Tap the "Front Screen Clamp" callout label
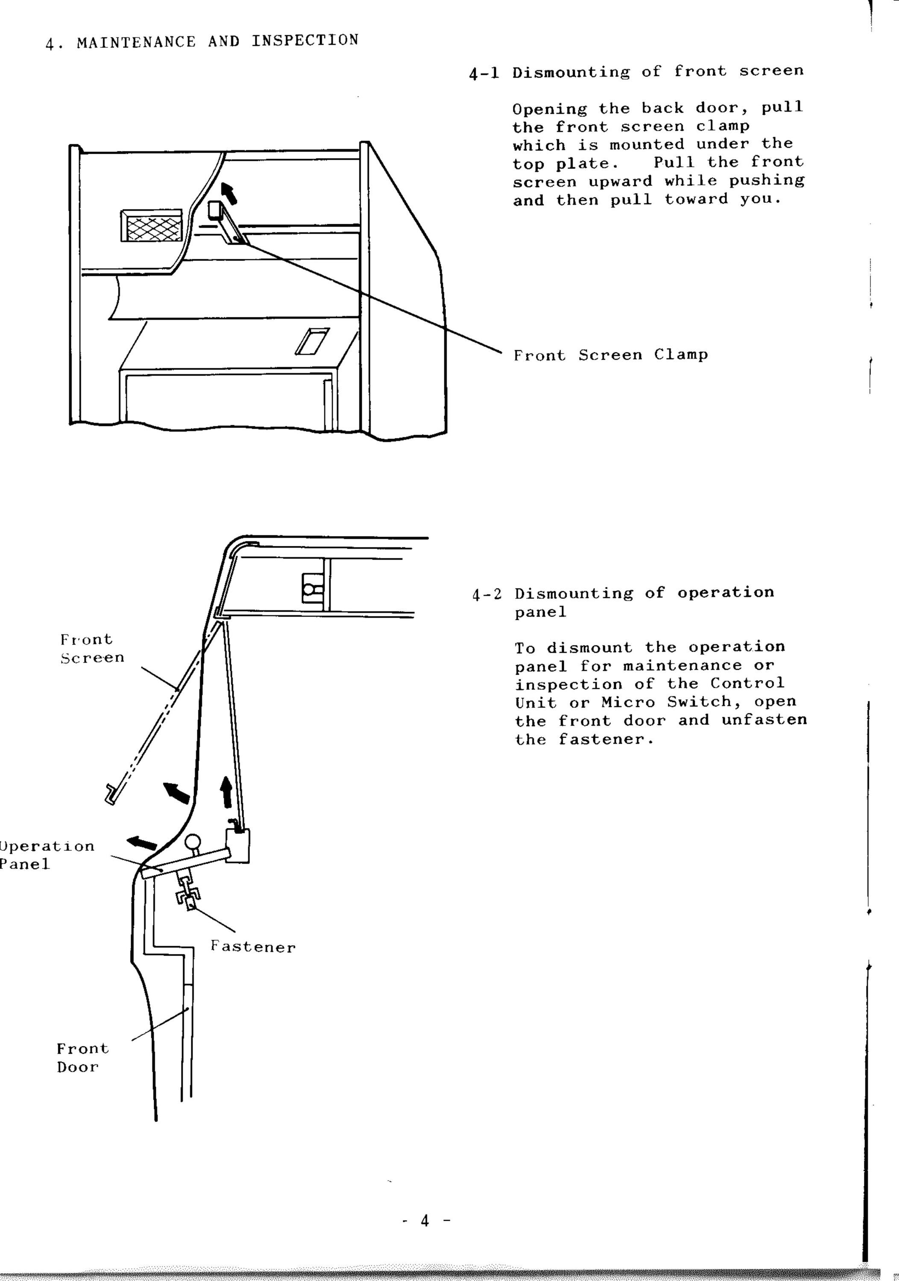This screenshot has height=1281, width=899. (611, 355)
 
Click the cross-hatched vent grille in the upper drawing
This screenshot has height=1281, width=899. (152, 226)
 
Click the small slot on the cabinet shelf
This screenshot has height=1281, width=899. (312, 341)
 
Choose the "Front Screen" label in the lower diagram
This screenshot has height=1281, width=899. (92, 648)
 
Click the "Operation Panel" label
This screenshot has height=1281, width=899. (47, 855)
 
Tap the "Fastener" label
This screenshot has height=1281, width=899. (253, 947)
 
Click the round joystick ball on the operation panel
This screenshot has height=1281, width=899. (193, 842)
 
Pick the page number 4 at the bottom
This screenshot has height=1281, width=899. (425, 1221)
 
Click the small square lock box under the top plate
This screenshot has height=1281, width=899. (312, 588)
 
